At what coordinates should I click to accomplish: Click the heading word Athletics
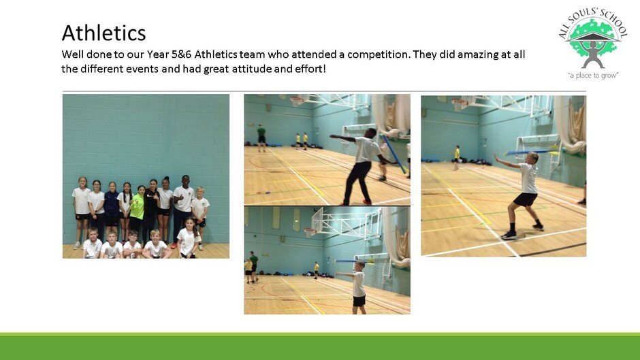tap(103, 33)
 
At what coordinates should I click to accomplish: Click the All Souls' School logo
tap(592, 43)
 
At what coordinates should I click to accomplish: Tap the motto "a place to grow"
tap(592, 75)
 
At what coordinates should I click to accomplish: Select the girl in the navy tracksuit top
tap(112, 208)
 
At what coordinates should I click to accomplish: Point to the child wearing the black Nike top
tap(151, 208)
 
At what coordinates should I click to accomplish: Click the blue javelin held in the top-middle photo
tap(394, 154)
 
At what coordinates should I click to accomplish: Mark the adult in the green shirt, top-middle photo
tap(261, 138)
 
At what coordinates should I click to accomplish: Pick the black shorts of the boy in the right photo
tap(525, 199)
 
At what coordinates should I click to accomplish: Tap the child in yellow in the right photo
tap(456, 158)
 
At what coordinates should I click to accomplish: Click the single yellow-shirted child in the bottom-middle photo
tap(317, 270)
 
